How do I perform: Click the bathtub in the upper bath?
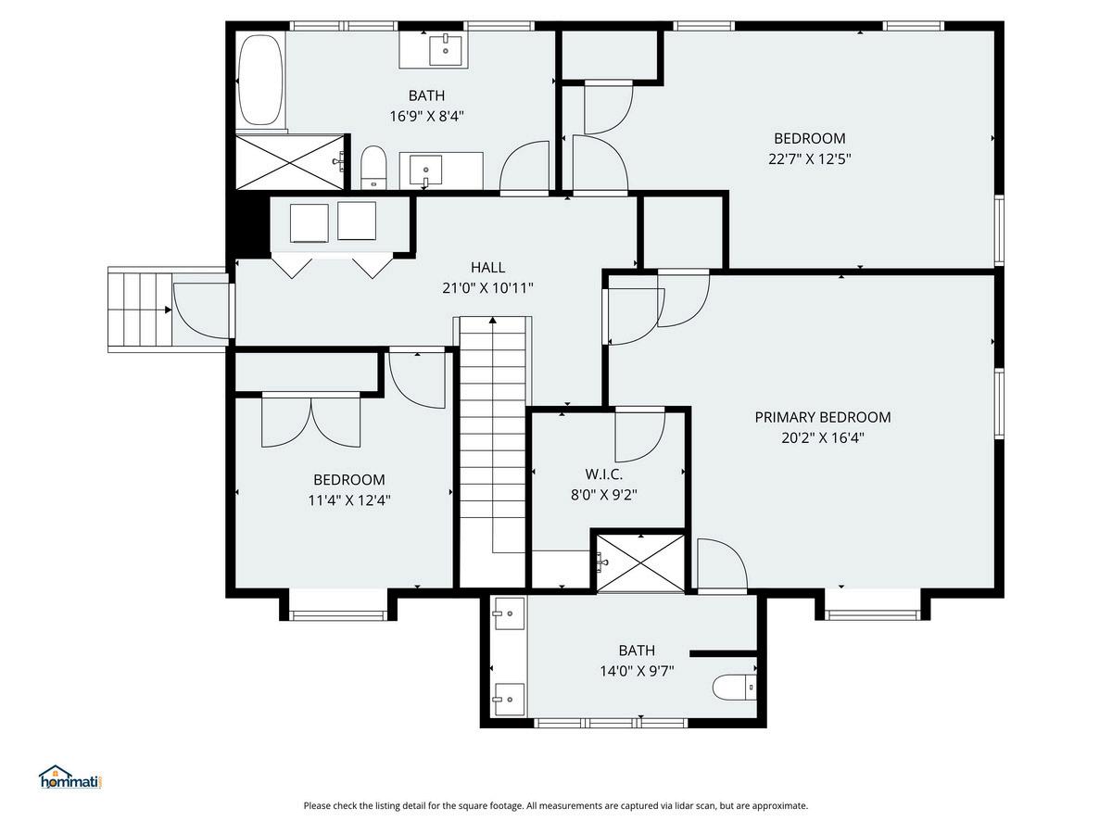point(260,80)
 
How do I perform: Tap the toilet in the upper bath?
point(373,168)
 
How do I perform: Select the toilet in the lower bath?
point(734,688)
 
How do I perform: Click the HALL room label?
point(487,268)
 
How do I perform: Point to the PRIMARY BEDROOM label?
point(823,417)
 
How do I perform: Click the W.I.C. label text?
point(604,474)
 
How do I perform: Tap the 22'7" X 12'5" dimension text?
point(810,159)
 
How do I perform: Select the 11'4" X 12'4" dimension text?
point(349,500)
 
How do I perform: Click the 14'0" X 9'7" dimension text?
point(637,671)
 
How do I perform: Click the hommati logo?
point(71,777)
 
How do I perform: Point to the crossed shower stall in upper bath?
point(290,162)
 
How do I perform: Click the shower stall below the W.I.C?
point(640,562)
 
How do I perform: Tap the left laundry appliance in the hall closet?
point(309,222)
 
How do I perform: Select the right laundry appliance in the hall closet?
point(357,221)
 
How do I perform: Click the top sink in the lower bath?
point(509,613)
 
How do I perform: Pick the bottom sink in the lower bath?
point(509,700)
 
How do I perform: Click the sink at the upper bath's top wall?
point(446,51)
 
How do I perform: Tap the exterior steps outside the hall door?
point(140,310)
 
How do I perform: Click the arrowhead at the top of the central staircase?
point(492,320)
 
